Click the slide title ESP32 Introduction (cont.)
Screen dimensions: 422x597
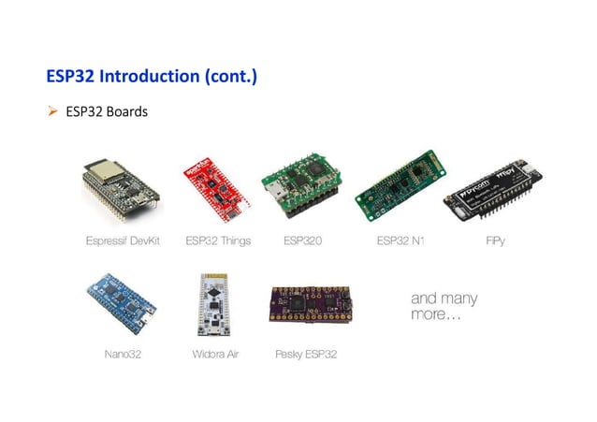(x=152, y=75)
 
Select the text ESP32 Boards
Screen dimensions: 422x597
(x=107, y=112)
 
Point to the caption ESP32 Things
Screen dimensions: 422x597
(x=218, y=241)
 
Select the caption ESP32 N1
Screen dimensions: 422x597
(x=401, y=241)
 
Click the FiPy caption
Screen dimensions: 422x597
(x=496, y=241)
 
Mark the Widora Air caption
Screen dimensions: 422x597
(x=215, y=355)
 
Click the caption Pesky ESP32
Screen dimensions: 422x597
(x=306, y=355)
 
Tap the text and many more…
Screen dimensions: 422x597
(x=444, y=306)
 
